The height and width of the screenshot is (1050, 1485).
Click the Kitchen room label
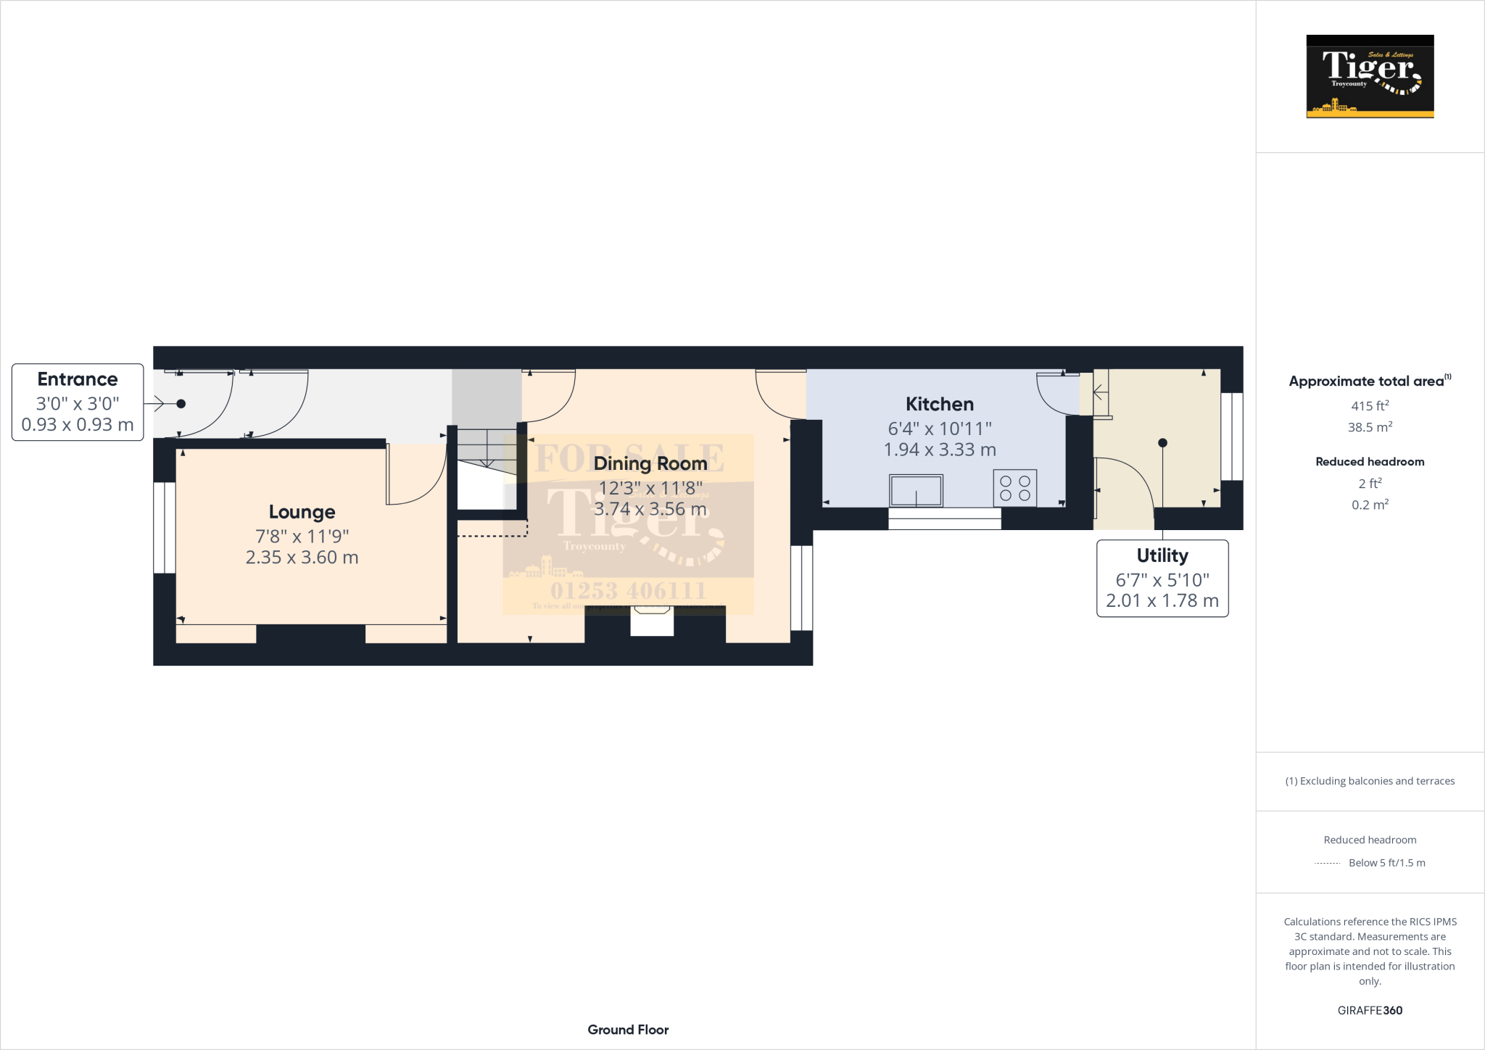click(939, 404)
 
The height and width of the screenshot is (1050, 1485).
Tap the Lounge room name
click(302, 512)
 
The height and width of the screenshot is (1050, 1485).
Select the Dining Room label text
click(650, 463)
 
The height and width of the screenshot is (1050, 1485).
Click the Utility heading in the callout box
click(1162, 555)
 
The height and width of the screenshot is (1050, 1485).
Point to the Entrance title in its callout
click(78, 379)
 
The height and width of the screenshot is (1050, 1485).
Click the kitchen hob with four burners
click(1014, 488)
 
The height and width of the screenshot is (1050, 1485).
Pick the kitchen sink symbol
click(916, 490)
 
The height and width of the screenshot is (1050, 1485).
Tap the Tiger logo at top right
click(1370, 76)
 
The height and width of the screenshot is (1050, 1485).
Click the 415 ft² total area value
click(1370, 406)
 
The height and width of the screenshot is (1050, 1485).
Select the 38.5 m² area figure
click(1370, 427)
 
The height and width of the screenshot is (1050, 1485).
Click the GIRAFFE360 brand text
click(1370, 1010)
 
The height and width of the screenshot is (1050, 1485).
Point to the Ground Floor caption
click(628, 1030)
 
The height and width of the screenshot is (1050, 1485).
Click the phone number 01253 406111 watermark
click(628, 591)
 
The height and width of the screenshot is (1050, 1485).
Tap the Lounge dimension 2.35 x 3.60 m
click(302, 558)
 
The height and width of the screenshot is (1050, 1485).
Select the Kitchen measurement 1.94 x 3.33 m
click(939, 450)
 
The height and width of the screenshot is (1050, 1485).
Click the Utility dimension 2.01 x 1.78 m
click(1162, 600)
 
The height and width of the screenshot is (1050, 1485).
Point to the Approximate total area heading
click(1367, 381)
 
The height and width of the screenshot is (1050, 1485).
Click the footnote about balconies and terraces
click(1370, 781)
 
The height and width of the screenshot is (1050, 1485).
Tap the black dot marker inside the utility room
click(1162, 443)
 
